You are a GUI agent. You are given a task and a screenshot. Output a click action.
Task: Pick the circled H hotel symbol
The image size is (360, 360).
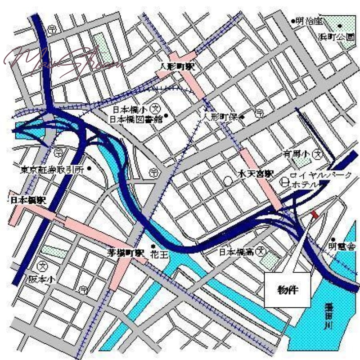pos(284,182)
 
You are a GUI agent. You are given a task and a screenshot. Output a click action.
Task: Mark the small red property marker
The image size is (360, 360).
pos(315,215)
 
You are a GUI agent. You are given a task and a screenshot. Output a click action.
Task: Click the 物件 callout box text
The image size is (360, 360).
pos(287,289)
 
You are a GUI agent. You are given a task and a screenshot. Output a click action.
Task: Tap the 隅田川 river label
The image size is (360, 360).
pos(333,317)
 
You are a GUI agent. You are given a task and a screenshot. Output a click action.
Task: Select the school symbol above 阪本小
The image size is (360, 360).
pos(43,266)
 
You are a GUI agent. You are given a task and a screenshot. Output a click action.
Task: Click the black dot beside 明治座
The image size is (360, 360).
pos(293,21)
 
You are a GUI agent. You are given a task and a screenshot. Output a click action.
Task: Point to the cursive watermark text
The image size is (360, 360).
pos(63,58)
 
